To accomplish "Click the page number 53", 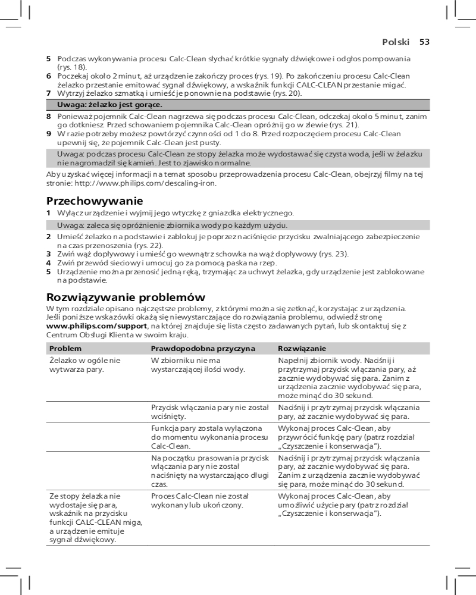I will (424, 42).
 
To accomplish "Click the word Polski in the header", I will (396, 42).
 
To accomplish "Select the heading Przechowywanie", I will (95, 201).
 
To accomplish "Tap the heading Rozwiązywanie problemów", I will (126, 296).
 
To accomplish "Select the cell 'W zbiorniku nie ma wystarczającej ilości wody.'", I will (198, 365).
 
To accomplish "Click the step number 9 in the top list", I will (49, 134).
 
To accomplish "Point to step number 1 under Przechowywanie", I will (49, 213).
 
